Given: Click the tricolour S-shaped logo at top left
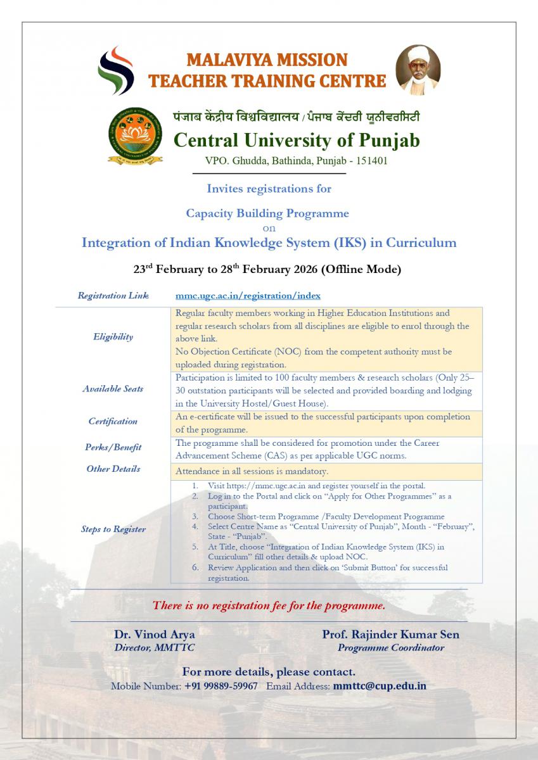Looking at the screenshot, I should [115, 70].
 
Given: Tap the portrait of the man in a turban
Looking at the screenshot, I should [418, 69].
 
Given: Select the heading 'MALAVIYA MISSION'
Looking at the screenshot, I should [267, 60].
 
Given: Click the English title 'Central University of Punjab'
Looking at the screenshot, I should [296, 140].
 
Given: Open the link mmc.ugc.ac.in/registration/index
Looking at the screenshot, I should [248, 295].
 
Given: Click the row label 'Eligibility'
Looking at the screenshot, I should [113, 337].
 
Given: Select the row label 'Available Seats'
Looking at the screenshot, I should [113, 389].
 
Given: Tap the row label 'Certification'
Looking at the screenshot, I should [113, 421].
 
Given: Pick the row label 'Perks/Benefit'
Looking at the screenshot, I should [113, 447].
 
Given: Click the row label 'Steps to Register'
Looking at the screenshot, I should [113, 529].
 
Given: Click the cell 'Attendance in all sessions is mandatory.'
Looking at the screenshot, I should [252, 472].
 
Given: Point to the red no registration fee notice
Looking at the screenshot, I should [269, 605].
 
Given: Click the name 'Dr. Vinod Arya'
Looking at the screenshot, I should [154, 634].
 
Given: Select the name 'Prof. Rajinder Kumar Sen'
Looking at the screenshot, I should [390, 634].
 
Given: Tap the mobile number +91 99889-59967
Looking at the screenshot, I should [221, 686].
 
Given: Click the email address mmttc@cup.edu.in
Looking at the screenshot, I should [379, 686].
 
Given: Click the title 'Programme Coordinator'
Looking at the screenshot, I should [390, 648].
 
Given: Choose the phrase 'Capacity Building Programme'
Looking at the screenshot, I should [267, 213].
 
